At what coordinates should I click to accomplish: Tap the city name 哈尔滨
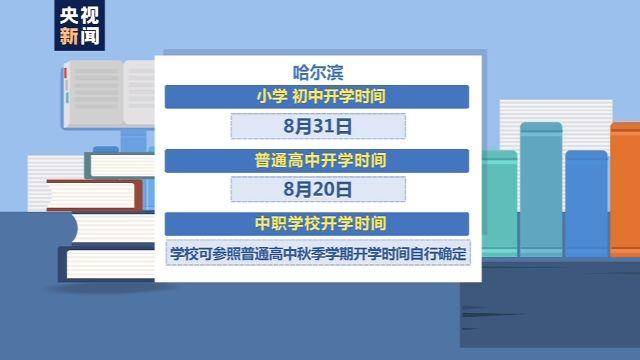[x=319, y=72]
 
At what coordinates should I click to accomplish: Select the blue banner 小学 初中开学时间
[x=318, y=97]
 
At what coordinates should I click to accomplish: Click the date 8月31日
[x=318, y=127]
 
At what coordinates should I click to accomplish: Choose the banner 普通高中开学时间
[x=318, y=159]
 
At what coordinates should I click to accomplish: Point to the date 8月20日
[x=318, y=189]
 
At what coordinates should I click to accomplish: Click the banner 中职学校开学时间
[x=318, y=221]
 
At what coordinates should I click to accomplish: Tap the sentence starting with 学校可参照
[x=318, y=252]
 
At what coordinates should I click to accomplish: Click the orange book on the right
[x=625, y=190]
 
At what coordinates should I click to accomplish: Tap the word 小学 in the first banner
[x=271, y=97]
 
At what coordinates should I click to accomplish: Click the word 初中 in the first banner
[x=306, y=97]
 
